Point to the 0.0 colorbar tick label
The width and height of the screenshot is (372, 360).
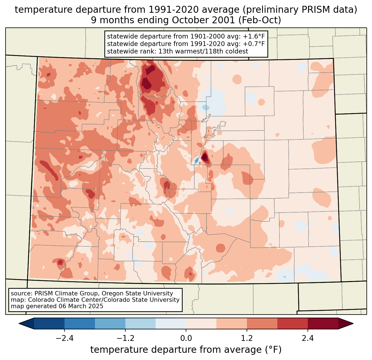pos(186,338)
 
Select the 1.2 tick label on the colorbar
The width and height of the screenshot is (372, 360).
pos(247,338)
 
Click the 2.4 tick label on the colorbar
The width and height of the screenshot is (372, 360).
pos(308,338)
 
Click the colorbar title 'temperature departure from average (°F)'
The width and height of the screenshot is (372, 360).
pos(186,350)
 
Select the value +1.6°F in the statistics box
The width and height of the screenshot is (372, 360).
pos(254,37)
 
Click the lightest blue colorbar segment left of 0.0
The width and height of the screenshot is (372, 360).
pos(171,323)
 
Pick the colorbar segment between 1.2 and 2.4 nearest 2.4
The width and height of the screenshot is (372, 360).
pos(293,323)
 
